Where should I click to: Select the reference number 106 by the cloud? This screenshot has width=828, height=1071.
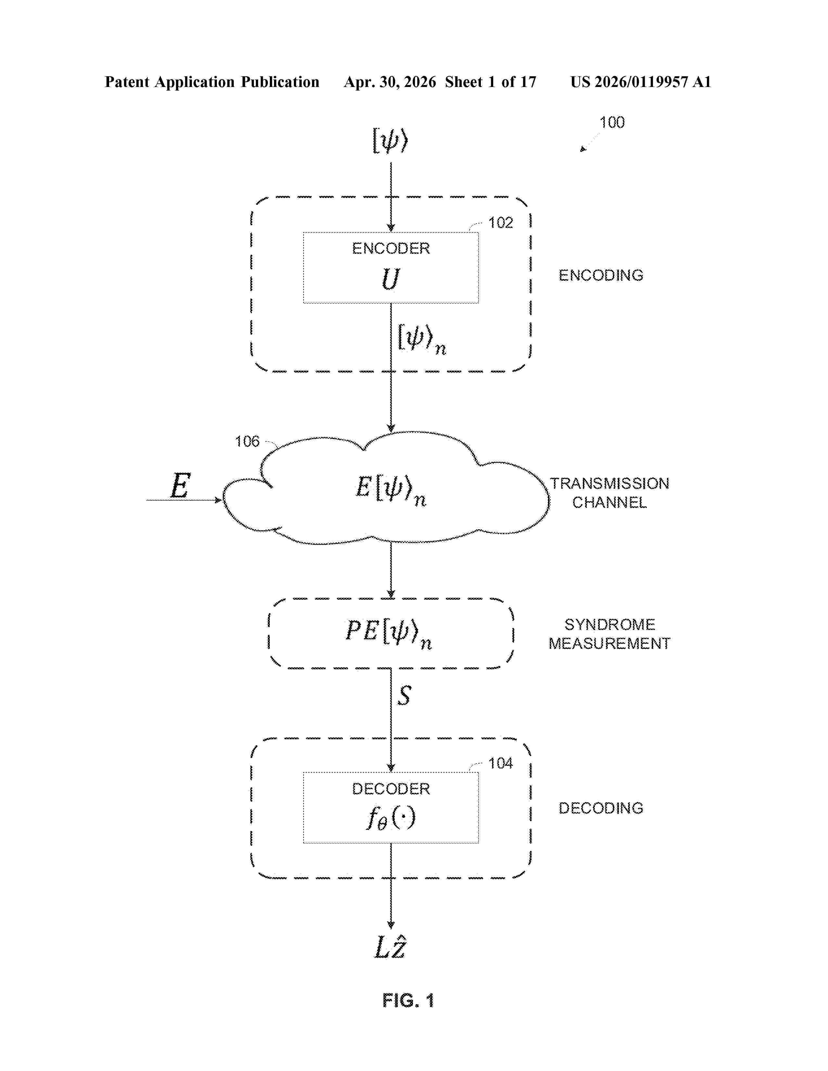point(247,441)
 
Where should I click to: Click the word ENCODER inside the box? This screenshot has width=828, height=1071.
point(391,248)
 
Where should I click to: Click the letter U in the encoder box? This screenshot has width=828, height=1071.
point(390,279)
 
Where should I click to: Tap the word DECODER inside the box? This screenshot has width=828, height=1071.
point(391,789)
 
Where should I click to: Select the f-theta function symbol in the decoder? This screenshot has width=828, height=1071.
point(391,818)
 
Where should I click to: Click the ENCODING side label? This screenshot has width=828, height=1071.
point(601,275)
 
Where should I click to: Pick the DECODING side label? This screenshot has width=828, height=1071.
point(601,808)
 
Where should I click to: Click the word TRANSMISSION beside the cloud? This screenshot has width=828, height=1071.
point(609,484)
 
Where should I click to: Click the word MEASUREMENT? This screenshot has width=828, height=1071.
point(609,643)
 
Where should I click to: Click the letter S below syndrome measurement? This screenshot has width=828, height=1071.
point(404,696)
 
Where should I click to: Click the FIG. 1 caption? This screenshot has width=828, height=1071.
point(408,1000)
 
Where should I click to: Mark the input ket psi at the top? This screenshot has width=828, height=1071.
point(390,141)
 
